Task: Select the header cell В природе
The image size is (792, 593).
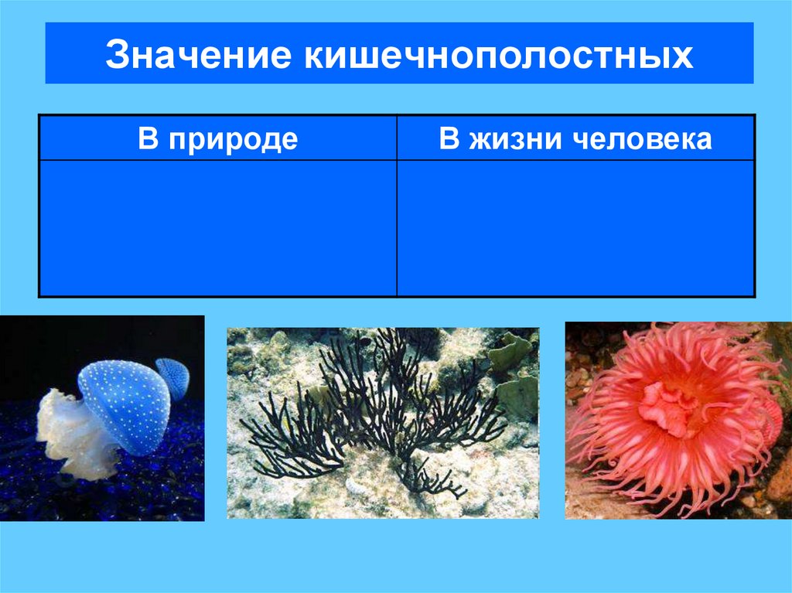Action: point(218,138)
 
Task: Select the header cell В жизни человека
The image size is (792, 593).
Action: point(575,138)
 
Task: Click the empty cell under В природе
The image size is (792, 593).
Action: point(218,228)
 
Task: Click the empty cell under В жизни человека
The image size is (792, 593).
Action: point(575,228)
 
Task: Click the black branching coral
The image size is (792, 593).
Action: point(371,410)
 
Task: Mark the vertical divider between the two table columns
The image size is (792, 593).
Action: point(397,228)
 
